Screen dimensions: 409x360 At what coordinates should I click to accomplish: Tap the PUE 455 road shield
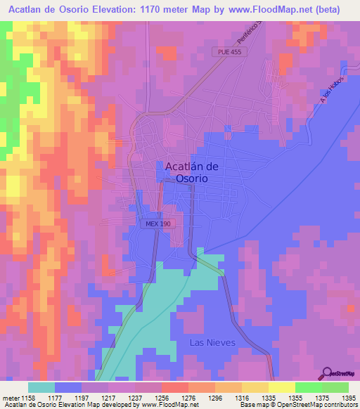tap(230, 52)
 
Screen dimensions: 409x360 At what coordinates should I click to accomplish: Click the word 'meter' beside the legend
tap(10, 397)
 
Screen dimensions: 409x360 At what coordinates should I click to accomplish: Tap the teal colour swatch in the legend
tap(41, 387)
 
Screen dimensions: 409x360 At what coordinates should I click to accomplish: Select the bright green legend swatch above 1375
tap(308, 387)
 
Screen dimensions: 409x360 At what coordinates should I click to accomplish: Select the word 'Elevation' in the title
tap(119, 10)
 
